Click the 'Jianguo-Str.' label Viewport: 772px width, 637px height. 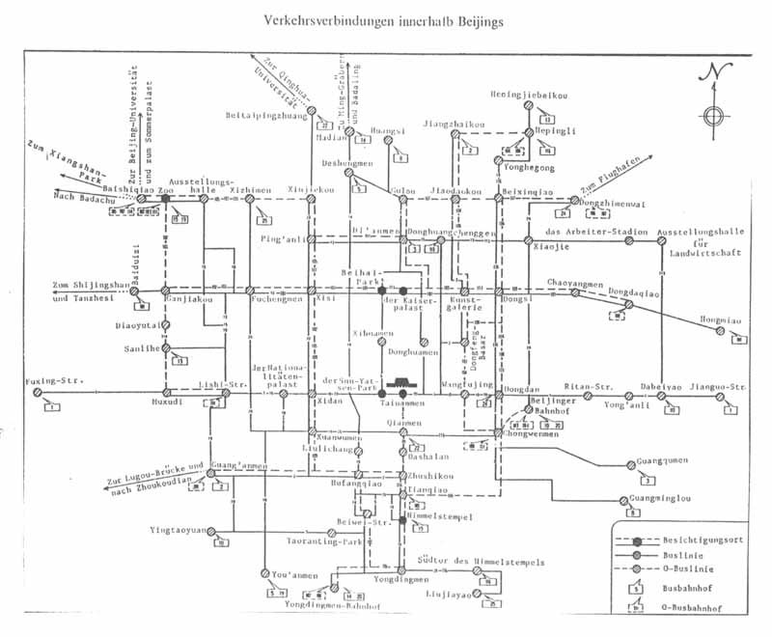(723, 387)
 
